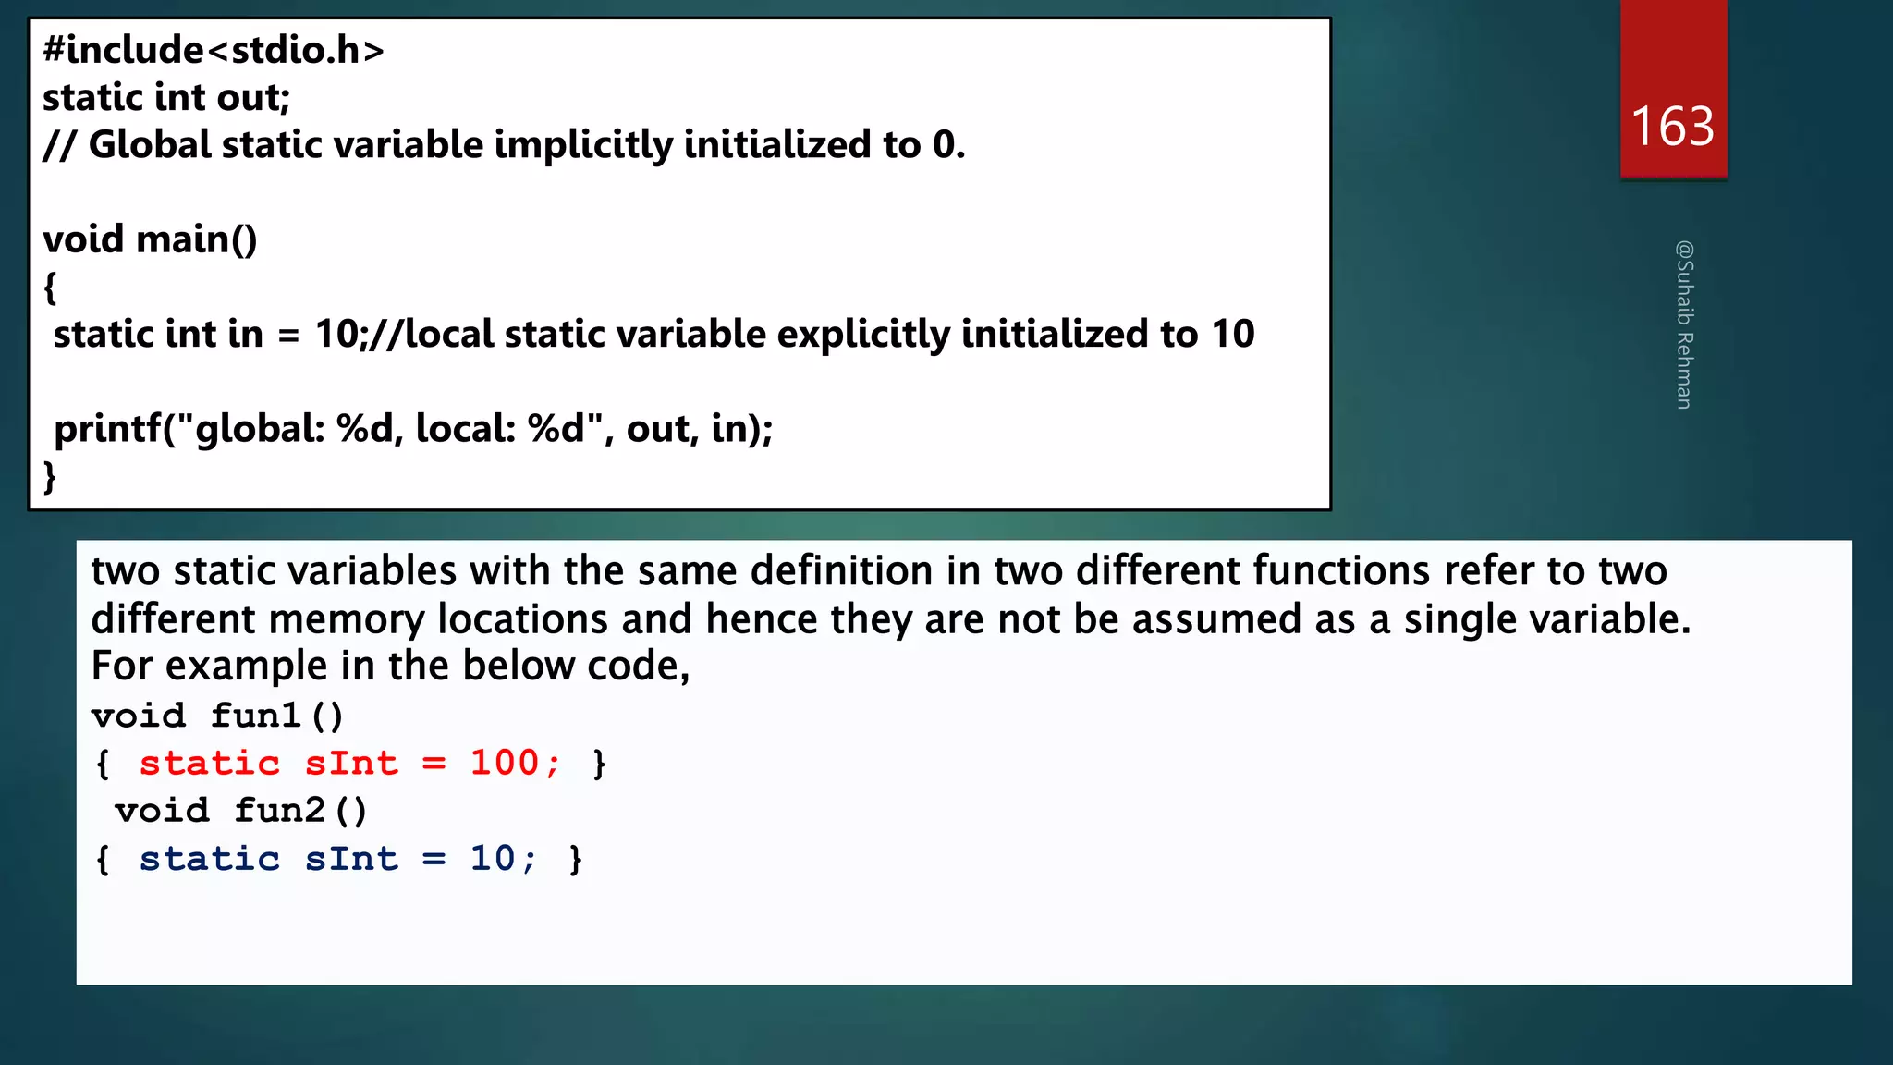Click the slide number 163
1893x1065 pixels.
click(x=1672, y=126)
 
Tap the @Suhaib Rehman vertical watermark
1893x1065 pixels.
click(x=1684, y=324)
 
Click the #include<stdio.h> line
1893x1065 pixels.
click(x=214, y=50)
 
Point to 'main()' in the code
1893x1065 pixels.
click(x=197, y=239)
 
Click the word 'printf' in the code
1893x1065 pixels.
click(x=107, y=429)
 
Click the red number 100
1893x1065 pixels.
click(x=504, y=763)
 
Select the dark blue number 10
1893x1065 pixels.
click(x=493, y=858)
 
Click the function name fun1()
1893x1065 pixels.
click(x=276, y=716)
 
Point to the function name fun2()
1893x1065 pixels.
click(x=300, y=811)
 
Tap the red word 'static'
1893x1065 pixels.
click(x=210, y=763)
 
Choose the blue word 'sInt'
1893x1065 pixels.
click(x=351, y=858)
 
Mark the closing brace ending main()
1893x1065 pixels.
click(x=50, y=477)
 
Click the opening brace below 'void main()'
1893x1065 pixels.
click(x=50, y=288)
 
